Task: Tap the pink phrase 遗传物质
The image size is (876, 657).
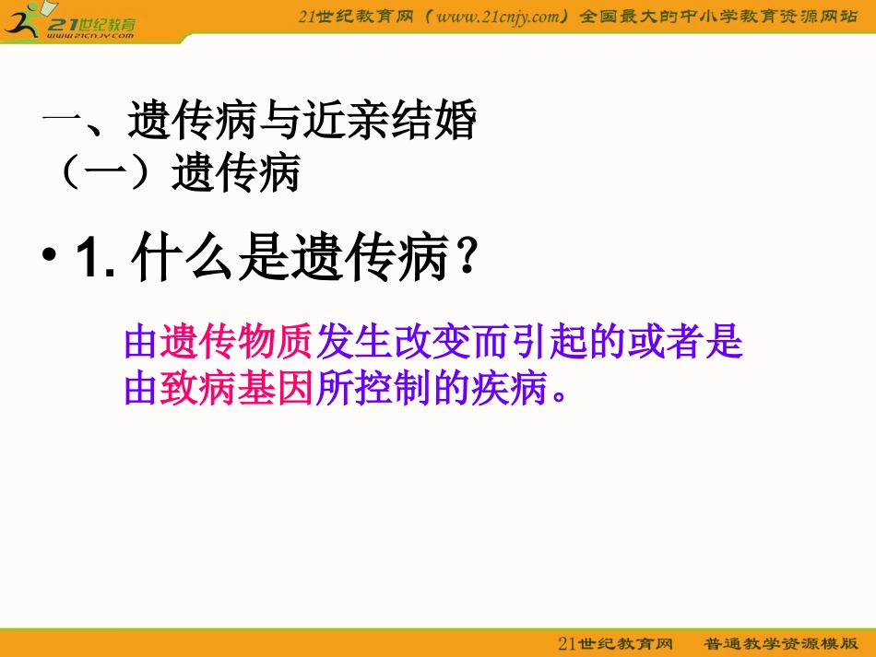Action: coord(238,343)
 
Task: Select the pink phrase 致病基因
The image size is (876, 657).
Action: coord(238,388)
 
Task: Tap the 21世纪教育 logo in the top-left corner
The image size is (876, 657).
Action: coord(69,21)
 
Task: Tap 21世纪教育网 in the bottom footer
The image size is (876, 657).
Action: coord(616,642)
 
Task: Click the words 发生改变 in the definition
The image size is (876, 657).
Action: coord(395,343)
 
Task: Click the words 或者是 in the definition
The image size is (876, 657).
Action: coord(684,343)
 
